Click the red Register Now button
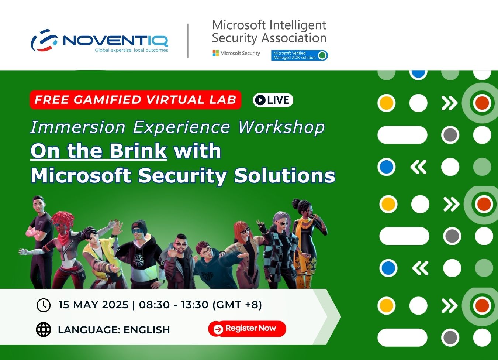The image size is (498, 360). [247, 329]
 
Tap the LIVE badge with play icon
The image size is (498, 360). [273, 100]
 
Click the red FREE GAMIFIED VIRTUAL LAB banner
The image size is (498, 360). [135, 100]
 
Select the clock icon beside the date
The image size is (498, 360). [44, 305]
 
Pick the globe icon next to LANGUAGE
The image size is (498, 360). [44, 329]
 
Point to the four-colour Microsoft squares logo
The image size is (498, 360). [215, 53]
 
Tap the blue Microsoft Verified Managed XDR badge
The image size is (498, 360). [299, 55]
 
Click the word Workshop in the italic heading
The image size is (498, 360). [281, 127]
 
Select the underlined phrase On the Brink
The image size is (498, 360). [98, 151]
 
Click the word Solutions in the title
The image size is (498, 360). [284, 175]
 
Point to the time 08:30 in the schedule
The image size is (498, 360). [154, 305]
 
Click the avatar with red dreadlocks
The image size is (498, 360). [65, 249]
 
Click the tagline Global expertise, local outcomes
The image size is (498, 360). [132, 50]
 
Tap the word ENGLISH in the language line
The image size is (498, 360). [147, 330]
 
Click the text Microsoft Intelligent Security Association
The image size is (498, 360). [269, 31]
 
